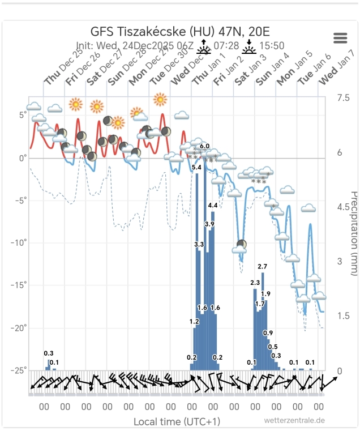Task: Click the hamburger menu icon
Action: pyautogui.click(x=340, y=38)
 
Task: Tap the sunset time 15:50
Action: pyautogui.click(x=272, y=46)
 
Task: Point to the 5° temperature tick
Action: pyautogui.click(x=23, y=116)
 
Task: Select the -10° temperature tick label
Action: pyautogui.click(x=19, y=243)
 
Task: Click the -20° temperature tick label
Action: pyautogui.click(x=19, y=328)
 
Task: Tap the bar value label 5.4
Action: pyautogui.click(x=197, y=167)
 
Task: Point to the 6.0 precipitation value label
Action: pyautogui.click(x=205, y=147)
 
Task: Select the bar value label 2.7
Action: pyautogui.click(x=262, y=266)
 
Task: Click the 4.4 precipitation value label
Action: pyautogui.click(x=213, y=205)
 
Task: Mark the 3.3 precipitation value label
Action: pyautogui.click(x=199, y=244)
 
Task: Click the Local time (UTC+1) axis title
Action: pyautogui.click(x=177, y=421)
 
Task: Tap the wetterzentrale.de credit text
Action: pyautogui.click(x=294, y=420)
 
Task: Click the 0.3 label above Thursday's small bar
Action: pyautogui.click(x=49, y=353)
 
